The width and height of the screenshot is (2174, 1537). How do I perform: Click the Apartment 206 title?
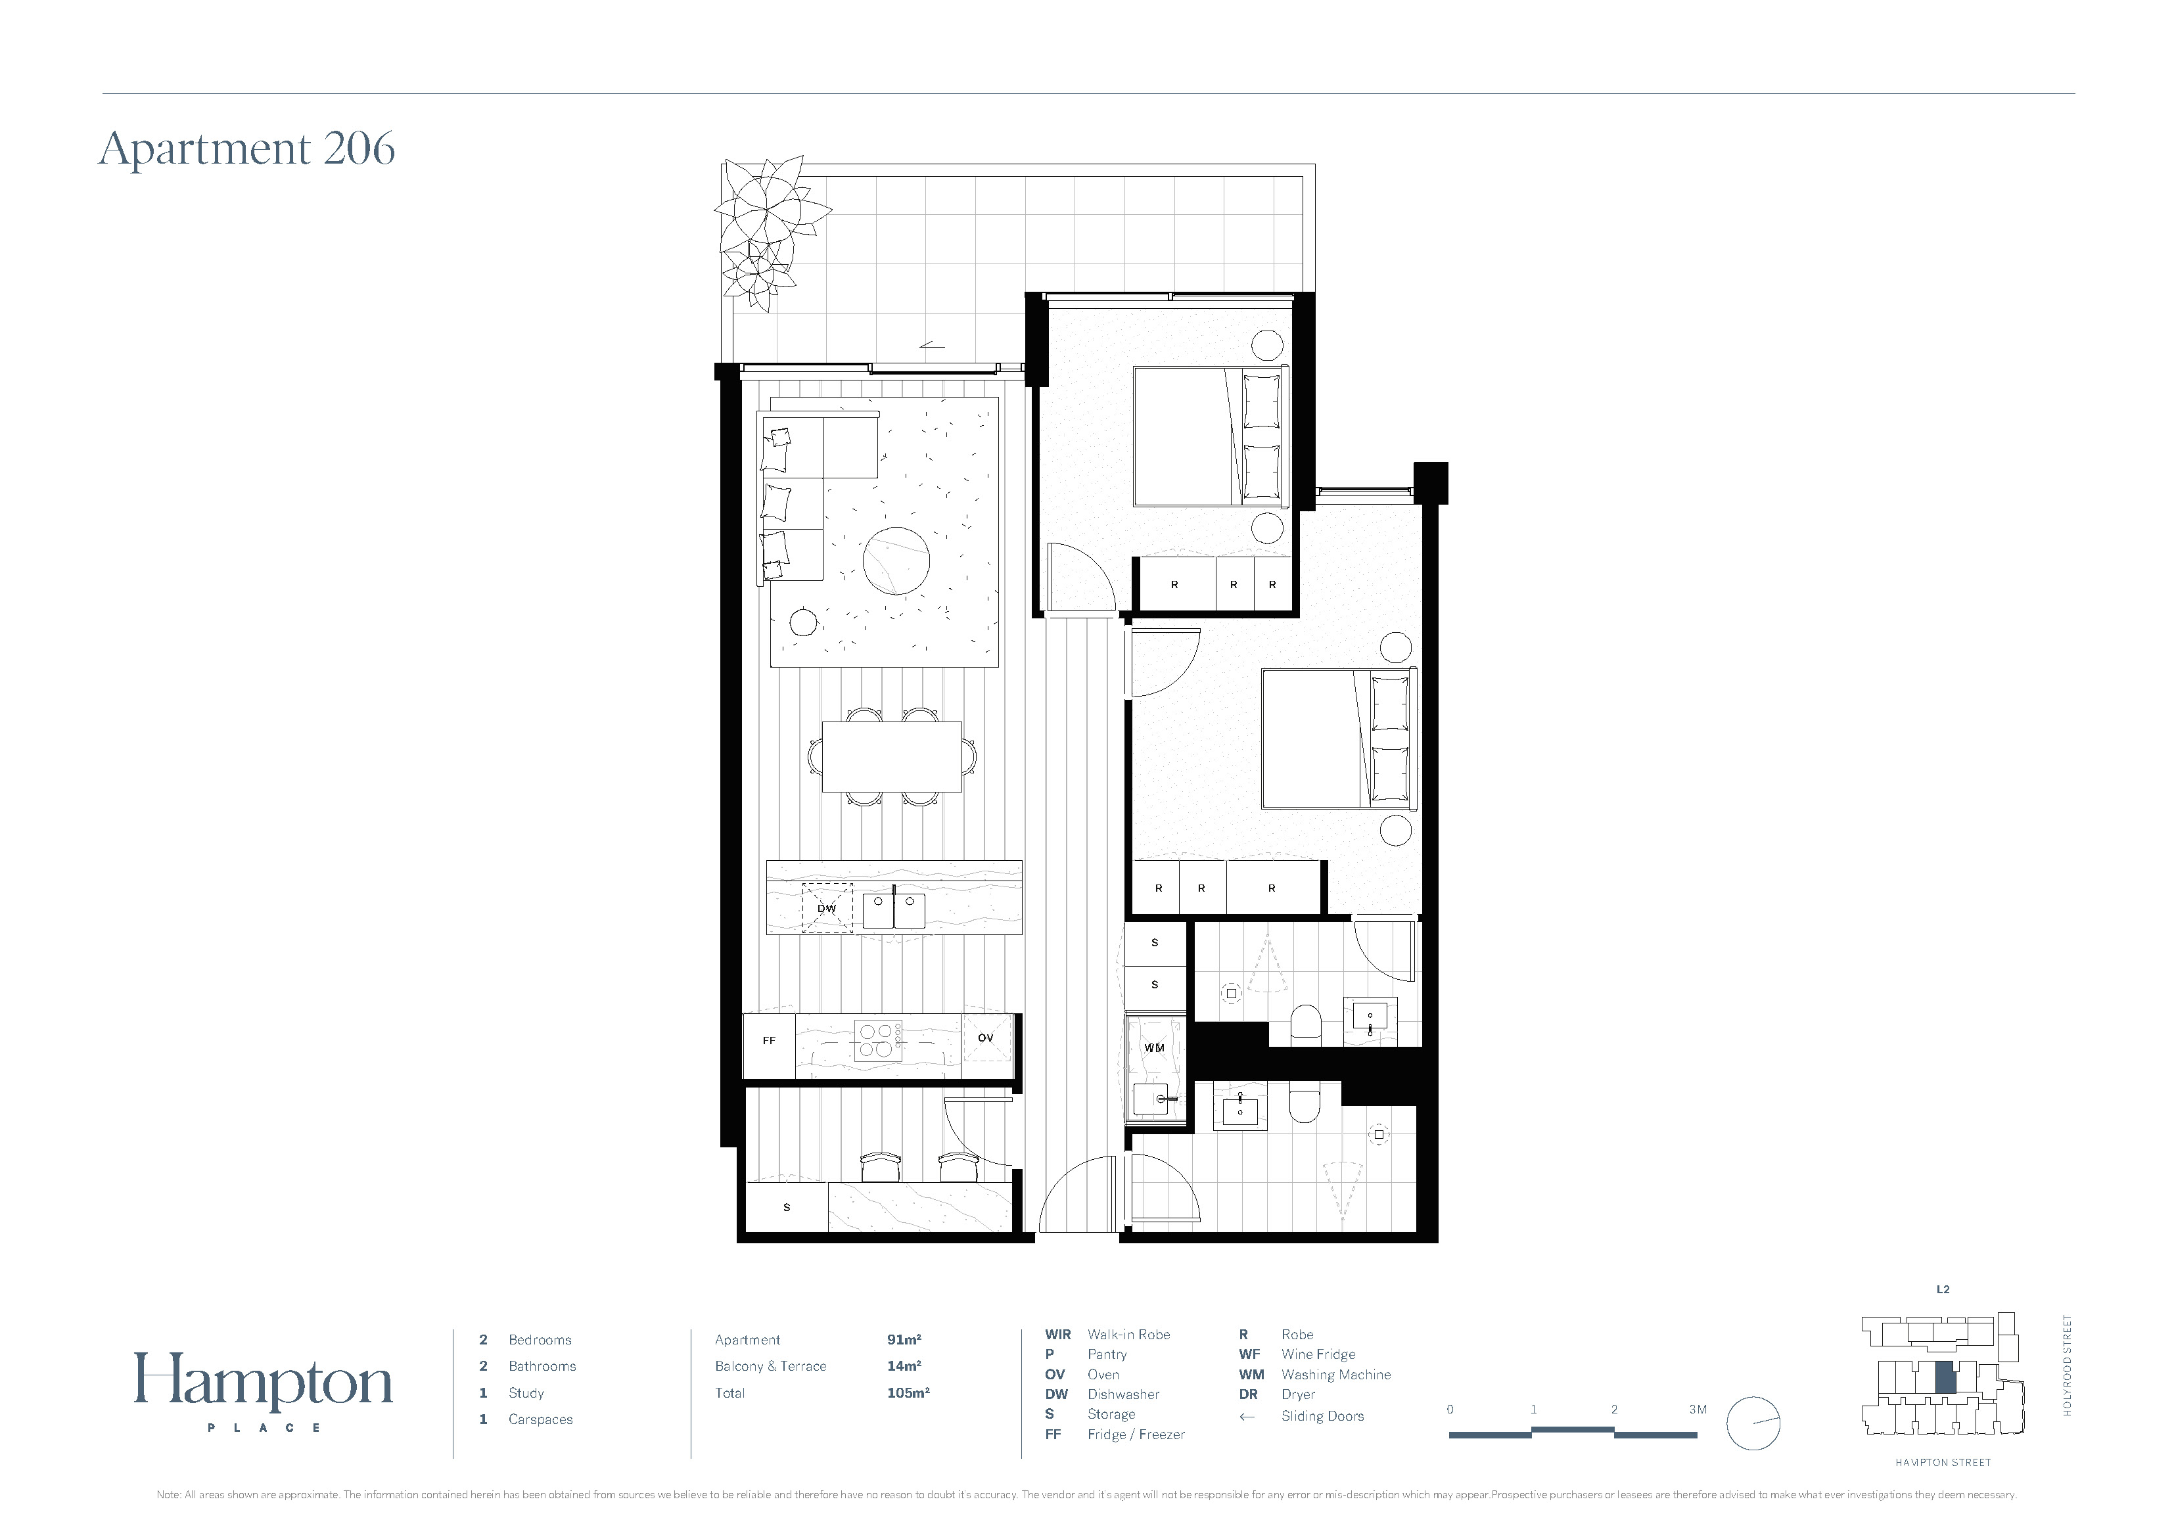[247, 149]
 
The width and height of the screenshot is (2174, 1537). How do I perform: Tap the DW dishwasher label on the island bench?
[827, 908]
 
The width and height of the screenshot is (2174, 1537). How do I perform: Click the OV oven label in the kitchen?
[986, 1038]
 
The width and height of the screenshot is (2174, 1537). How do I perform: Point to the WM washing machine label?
[1154, 1047]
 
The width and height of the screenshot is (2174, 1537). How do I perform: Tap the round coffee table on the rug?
[896, 561]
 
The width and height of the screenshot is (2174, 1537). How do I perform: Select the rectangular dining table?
[892, 756]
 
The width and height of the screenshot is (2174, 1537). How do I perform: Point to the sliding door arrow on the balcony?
[932, 345]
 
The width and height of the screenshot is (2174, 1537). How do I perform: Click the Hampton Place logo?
[264, 1391]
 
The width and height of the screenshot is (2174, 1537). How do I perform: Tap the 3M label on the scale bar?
[1698, 1409]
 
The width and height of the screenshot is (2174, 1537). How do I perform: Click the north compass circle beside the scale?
[1753, 1423]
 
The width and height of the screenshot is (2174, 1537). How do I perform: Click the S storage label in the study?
[787, 1207]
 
